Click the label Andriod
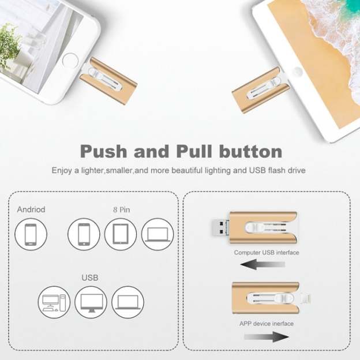31,209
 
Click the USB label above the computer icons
90,278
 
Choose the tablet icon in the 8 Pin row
121,235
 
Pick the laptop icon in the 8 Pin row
157,235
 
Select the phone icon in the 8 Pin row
84,235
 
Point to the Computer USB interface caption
267,253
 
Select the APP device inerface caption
266,324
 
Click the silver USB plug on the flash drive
218,227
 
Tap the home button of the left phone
70,60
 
